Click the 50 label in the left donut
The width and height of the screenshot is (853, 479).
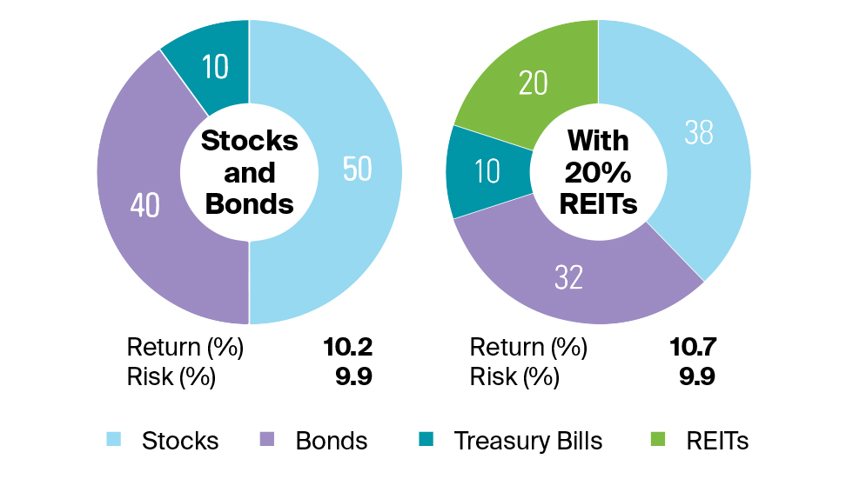click(357, 170)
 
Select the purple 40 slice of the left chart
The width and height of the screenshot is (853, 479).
click(144, 205)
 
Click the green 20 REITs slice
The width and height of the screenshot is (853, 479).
click(532, 83)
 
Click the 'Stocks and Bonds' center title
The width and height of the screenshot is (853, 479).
click(249, 172)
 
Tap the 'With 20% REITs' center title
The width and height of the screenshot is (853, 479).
click(598, 172)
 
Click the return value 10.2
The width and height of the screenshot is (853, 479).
click(347, 348)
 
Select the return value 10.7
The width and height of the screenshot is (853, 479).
click(692, 348)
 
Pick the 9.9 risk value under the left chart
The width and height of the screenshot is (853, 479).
click(353, 377)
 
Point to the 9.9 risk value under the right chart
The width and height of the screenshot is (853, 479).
click(697, 377)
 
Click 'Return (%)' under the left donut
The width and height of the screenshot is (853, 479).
click(185, 348)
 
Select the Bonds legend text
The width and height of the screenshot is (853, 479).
click(332, 440)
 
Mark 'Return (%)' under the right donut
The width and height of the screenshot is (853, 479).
click(528, 348)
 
